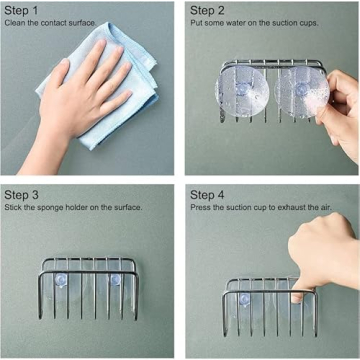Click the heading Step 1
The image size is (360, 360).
tap(24, 9)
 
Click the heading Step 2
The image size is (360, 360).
tap(210, 9)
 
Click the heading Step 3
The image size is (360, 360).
tap(24, 194)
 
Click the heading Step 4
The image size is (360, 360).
tap(210, 194)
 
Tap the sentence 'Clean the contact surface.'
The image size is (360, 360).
tap(49, 22)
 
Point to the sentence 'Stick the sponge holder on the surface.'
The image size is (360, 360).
tap(73, 207)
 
